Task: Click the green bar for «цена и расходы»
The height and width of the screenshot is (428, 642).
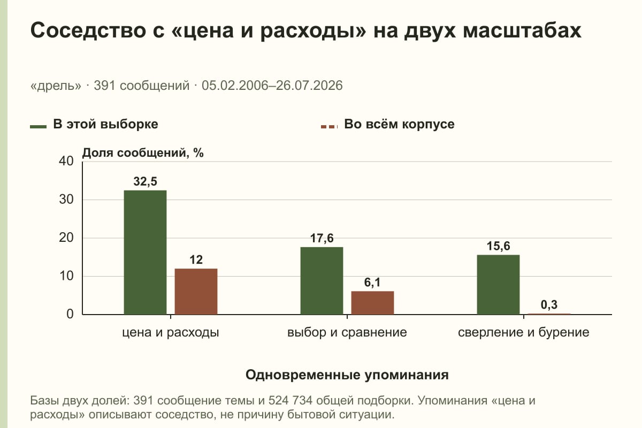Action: pos(145,253)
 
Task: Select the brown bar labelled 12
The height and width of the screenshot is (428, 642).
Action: pos(196,292)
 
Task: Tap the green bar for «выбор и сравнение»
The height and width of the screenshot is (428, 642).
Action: pos(322,281)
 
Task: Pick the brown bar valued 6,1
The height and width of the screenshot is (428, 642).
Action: pos(372,303)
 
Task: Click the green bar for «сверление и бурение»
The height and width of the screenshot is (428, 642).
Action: pos(498,285)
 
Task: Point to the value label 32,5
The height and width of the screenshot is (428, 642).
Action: pos(146,181)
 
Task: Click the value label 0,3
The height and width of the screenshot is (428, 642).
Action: pos(549,305)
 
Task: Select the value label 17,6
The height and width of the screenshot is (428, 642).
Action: pos(322,238)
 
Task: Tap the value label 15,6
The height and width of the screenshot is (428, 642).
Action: pos(499,246)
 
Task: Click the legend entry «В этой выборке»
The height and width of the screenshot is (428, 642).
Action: pos(94,125)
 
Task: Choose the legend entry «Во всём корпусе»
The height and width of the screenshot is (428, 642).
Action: pos(387,125)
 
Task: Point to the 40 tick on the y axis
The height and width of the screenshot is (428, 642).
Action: pos(66,161)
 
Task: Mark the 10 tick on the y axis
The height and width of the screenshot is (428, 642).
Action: pos(66,276)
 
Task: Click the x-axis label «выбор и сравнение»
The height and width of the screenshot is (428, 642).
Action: pos(347,333)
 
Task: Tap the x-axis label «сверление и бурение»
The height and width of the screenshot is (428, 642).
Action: pos(524,333)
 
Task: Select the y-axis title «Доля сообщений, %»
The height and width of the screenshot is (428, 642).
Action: pos(143,153)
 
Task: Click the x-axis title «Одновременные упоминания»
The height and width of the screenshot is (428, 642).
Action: pos(347,374)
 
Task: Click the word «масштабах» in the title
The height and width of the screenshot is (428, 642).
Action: pos(522,30)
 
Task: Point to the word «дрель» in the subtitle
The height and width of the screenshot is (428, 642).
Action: pos(56,86)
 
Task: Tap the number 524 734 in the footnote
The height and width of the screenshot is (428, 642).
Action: pos(291,401)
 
